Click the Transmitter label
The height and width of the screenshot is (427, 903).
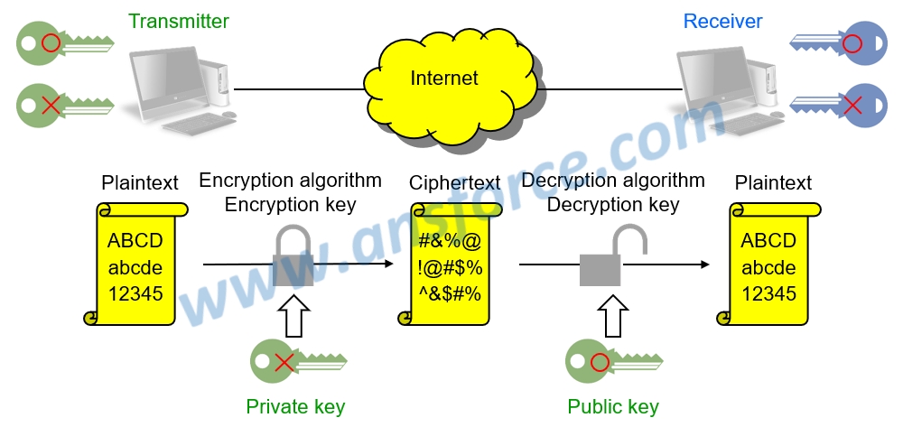point(179,21)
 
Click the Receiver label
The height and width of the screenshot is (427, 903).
point(722,21)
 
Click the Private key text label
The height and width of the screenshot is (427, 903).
point(295,407)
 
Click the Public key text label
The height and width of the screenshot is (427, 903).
point(613,407)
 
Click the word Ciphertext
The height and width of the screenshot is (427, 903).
point(455,183)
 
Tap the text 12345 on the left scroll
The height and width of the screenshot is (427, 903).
point(135,293)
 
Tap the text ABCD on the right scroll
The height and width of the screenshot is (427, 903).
point(768,241)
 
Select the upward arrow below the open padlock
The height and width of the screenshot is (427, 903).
point(612,315)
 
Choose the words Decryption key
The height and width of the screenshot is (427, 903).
point(613,205)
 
